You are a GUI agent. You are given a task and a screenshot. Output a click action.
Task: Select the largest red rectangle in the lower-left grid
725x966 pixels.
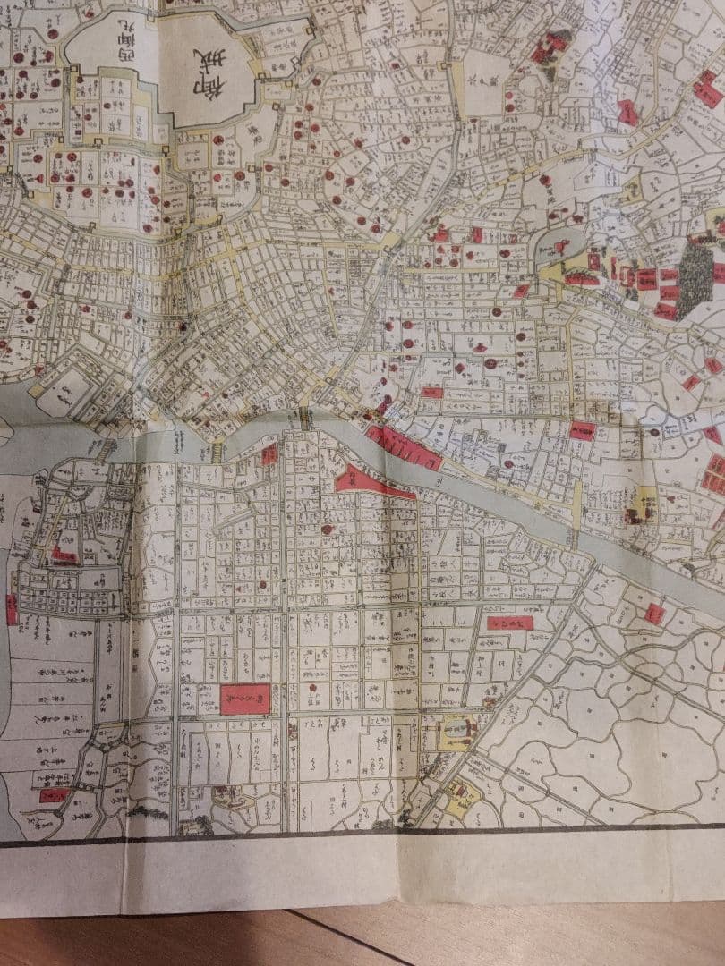tap(245, 699)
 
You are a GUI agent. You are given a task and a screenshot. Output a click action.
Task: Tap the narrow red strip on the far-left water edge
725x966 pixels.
tap(12, 609)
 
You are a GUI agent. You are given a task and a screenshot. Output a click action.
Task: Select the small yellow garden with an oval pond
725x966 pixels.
tap(456, 732)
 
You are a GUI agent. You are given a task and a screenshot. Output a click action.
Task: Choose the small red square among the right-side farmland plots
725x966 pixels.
tap(654, 614)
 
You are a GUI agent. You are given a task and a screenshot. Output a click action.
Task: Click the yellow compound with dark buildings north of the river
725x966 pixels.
tap(643, 506)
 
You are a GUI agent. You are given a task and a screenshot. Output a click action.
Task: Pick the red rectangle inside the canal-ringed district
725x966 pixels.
tap(63, 555)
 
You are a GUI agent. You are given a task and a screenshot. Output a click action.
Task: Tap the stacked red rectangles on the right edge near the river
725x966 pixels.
tap(715, 474)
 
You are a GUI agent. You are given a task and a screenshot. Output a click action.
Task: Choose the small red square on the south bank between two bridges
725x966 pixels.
tap(269, 455)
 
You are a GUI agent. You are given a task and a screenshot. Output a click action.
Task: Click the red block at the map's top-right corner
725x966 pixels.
tap(707, 90)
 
